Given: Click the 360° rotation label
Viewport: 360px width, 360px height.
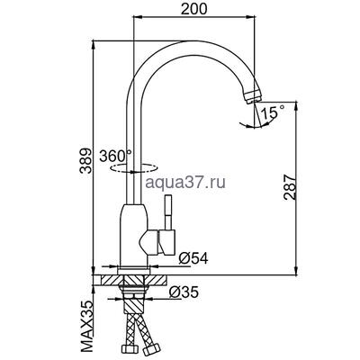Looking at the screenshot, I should pos(119,156).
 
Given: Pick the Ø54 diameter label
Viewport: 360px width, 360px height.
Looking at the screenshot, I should pos(192,259).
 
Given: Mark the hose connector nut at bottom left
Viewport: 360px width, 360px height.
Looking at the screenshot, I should pos(127,346).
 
